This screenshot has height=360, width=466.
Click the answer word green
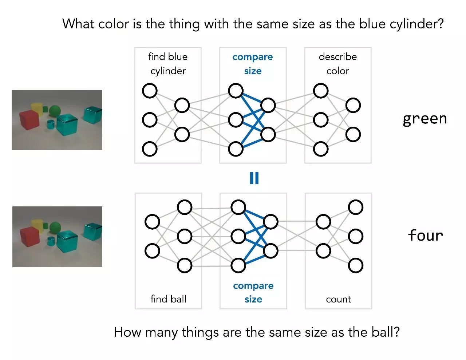click(x=424, y=119)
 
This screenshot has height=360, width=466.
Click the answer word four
click(x=425, y=236)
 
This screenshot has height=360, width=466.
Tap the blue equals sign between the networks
click(x=254, y=178)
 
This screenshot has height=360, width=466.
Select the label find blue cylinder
click(x=168, y=64)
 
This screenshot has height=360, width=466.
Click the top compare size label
click(x=253, y=64)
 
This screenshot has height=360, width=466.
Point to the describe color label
click(x=337, y=64)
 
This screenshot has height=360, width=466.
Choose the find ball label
click(x=168, y=299)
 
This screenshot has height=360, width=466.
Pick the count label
click(x=338, y=299)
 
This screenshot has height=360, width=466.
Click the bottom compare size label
click(x=253, y=292)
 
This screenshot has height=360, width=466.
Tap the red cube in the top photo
click(x=29, y=119)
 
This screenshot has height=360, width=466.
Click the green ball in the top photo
click(x=55, y=110)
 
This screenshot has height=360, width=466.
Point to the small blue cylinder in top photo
click(x=51, y=124)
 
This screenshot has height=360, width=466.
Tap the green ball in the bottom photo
click(x=55, y=228)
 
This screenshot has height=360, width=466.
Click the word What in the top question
click(x=78, y=24)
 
